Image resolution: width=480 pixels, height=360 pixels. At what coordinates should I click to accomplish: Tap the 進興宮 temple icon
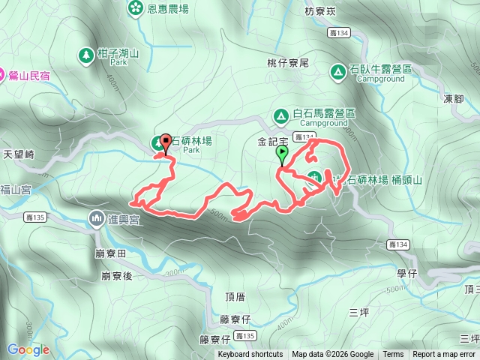pyautogui.click(x=97, y=218)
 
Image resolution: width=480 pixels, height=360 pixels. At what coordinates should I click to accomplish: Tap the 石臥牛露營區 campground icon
pyautogui.click(x=337, y=70)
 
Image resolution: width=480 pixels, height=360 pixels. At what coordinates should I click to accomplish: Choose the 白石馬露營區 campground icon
pyautogui.click(x=280, y=115)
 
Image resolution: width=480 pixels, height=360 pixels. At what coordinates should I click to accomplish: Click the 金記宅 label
pyautogui.click(x=273, y=141)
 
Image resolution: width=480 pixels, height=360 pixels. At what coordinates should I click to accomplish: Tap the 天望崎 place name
pyautogui.click(x=19, y=154)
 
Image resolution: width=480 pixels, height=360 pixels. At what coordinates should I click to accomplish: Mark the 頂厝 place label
pyautogui.click(x=235, y=297)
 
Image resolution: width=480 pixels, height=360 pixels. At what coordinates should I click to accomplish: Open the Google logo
pyautogui.click(x=28, y=349)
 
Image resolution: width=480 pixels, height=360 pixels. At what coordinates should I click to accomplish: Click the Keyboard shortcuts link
pyautogui.click(x=250, y=355)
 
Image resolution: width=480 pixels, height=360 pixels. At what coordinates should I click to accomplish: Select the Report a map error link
pyautogui.click(x=444, y=355)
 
